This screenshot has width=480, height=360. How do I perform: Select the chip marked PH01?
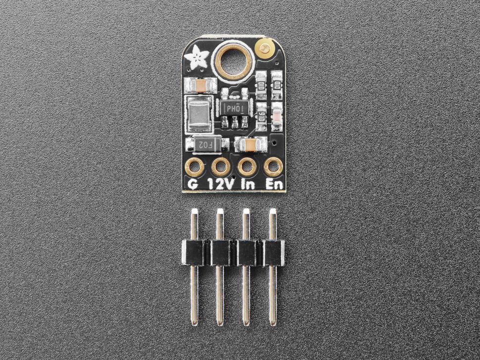click(235, 107)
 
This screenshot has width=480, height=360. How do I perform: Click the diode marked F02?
click(203, 145)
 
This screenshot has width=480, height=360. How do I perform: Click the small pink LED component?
click(277, 117)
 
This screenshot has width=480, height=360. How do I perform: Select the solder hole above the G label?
click(194, 167)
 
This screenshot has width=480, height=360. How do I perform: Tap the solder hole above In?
click(245, 167)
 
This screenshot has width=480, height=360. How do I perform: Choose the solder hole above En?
click(272, 167)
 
